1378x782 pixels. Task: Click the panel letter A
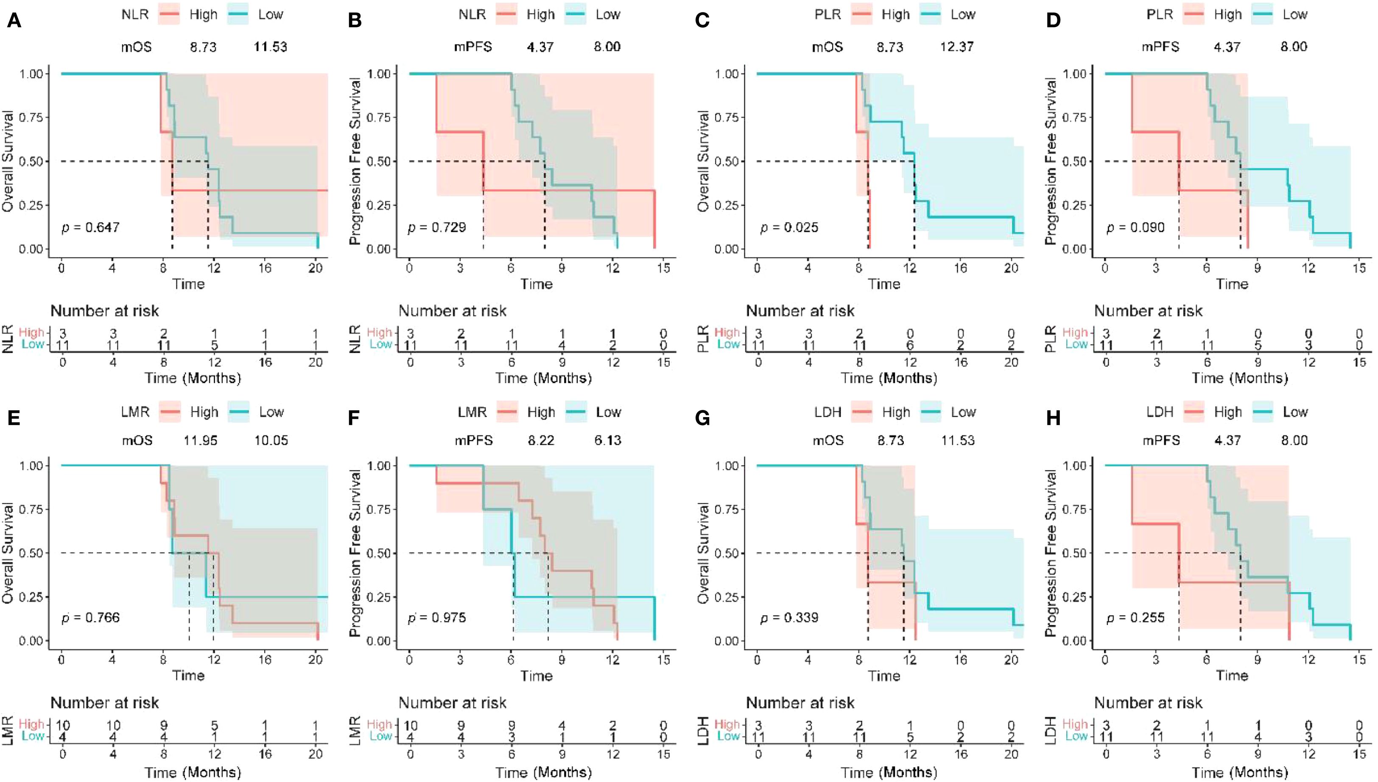14,21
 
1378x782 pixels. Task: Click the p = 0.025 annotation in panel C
788,227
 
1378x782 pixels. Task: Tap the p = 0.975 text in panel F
436,618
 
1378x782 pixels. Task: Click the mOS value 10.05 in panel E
271,440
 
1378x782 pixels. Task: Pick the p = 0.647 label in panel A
90,227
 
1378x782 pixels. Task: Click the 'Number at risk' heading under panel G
800,703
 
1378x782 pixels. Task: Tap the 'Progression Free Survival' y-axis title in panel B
355,161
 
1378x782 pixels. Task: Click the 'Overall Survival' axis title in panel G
704,553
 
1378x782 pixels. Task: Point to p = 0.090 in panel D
1135,227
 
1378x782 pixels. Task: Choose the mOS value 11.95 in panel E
200,440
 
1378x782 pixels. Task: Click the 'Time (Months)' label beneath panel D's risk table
1239,378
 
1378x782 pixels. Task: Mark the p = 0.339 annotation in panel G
788,618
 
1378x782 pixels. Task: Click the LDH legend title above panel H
1159,412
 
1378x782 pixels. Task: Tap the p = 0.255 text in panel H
1135,618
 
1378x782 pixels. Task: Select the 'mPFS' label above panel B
472,47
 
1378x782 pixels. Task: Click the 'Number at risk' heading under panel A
105,311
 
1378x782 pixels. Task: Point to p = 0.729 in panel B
436,227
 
